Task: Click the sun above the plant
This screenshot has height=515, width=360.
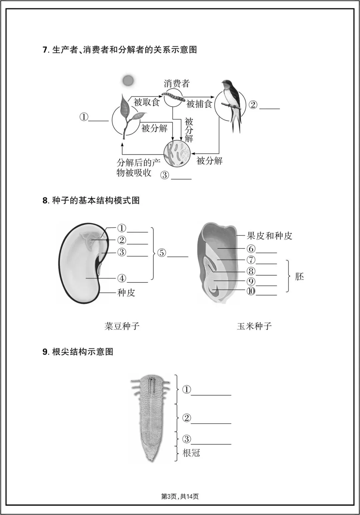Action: pyautogui.click(x=128, y=80)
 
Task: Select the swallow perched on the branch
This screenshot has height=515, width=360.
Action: pyautogui.click(x=232, y=103)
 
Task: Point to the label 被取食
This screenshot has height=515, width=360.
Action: pyautogui.click(x=147, y=102)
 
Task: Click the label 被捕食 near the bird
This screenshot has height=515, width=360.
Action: pyautogui.click(x=199, y=104)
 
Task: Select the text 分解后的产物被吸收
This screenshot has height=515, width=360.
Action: pyautogui.click(x=138, y=168)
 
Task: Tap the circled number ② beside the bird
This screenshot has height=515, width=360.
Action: pyautogui.click(x=253, y=105)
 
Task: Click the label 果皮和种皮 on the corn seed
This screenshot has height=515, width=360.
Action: pyautogui.click(x=269, y=236)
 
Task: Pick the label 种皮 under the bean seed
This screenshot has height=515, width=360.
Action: pyautogui.click(x=126, y=293)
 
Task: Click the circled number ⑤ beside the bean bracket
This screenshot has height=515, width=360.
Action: pyautogui.click(x=161, y=253)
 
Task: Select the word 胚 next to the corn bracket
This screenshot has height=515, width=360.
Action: pyautogui.click(x=299, y=277)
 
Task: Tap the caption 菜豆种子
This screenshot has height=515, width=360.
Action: pyautogui.click(x=122, y=326)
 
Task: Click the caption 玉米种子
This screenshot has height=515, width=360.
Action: pyautogui.click(x=254, y=326)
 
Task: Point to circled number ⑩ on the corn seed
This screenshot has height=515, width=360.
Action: pyautogui.click(x=251, y=291)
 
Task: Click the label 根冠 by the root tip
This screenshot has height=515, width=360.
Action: pyautogui.click(x=191, y=453)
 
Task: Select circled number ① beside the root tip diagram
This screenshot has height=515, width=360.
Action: pyautogui.click(x=187, y=389)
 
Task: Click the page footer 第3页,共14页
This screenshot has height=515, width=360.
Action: pyautogui.click(x=180, y=497)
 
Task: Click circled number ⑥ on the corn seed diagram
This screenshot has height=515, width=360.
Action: pyautogui.click(x=251, y=249)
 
